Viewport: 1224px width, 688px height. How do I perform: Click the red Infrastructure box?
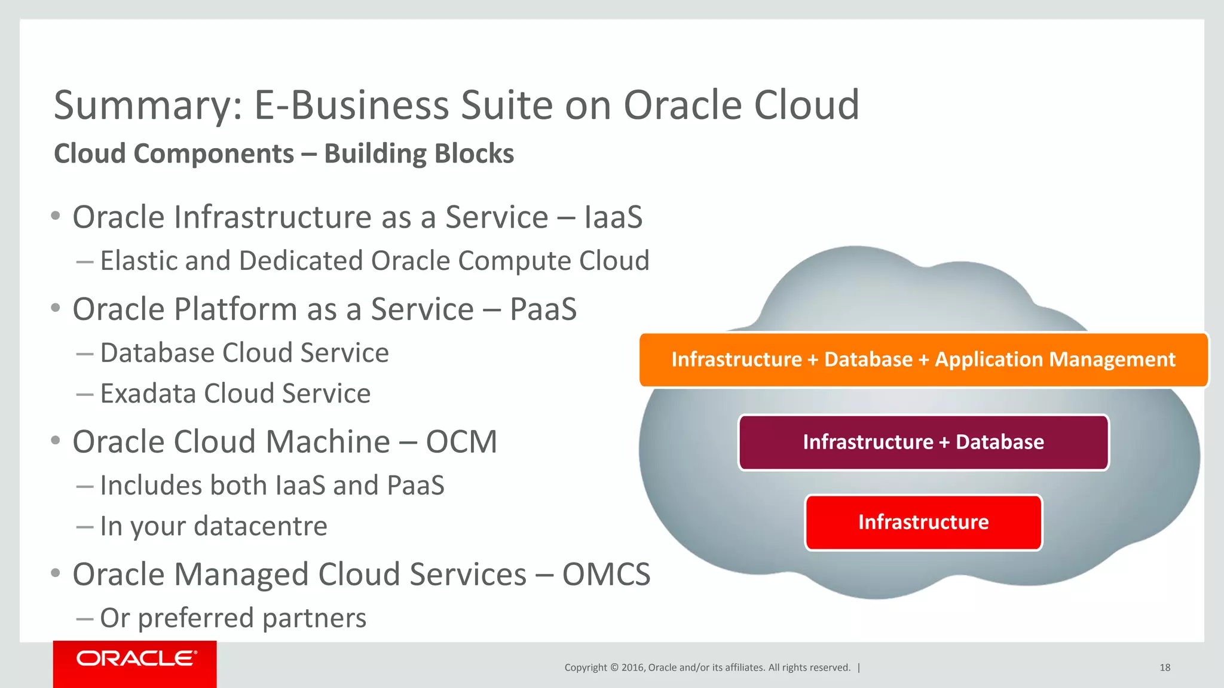coord(923,522)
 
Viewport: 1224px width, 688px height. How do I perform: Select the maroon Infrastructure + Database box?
coord(923,442)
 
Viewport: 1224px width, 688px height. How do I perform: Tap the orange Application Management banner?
coord(923,360)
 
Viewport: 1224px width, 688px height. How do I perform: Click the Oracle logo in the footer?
coord(135,659)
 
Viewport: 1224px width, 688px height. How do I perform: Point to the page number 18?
coord(1165,668)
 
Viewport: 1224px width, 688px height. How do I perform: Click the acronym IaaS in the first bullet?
coord(613,217)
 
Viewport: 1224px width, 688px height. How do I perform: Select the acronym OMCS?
coord(606,575)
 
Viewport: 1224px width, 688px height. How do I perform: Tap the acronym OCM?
coord(461,442)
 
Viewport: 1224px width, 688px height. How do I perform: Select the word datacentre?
coord(261,527)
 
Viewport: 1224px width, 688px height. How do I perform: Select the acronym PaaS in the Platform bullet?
coord(543,309)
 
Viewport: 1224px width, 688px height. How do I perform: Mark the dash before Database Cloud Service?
coord(85,354)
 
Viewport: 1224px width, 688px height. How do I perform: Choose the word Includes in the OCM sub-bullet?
coord(151,486)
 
